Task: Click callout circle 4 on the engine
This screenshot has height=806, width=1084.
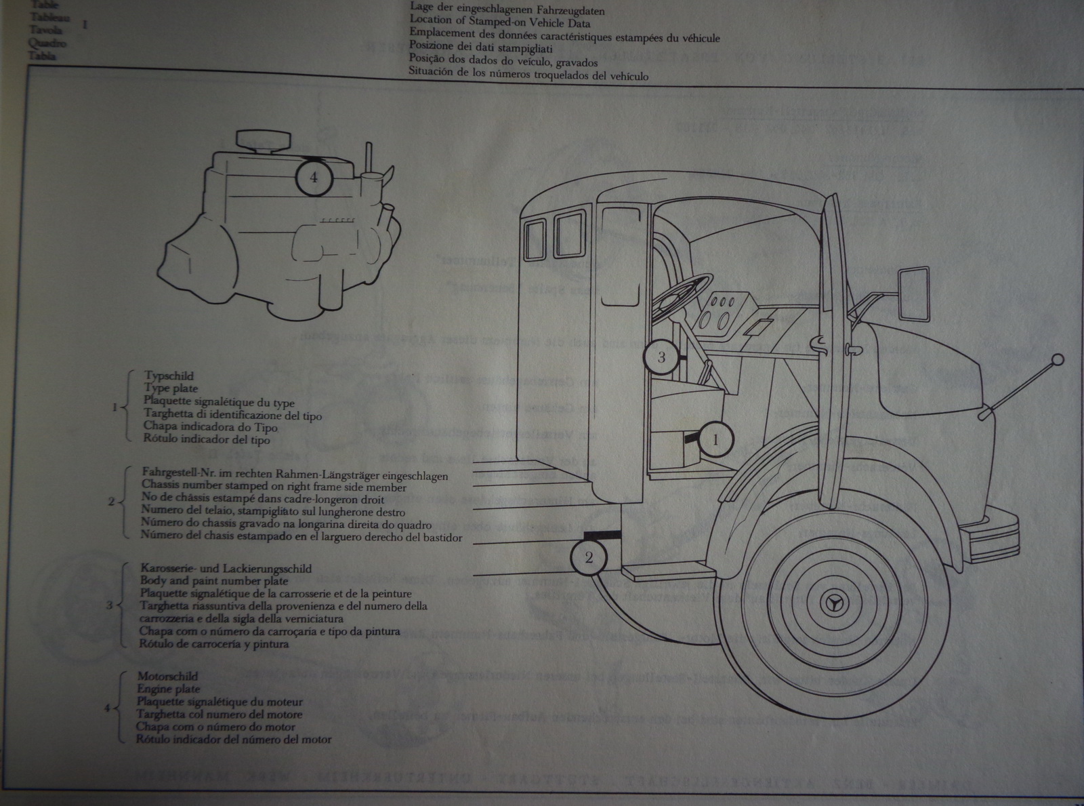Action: pos(312,177)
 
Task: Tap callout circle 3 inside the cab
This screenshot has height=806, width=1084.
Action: pos(661,357)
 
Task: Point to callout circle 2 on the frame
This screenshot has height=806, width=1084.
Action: pos(588,557)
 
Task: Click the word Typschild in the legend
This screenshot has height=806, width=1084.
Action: pos(169,376)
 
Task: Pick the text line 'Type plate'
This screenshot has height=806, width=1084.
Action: pos(171,388)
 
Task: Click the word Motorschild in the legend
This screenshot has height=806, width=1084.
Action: pos(167,677)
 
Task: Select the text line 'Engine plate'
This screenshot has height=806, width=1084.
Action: pos(168,689)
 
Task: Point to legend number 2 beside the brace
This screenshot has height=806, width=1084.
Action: pos(112,502)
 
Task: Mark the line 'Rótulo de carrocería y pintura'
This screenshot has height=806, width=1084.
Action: pos(214,644)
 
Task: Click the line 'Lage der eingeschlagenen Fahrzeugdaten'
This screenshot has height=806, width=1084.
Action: pos(507,10)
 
